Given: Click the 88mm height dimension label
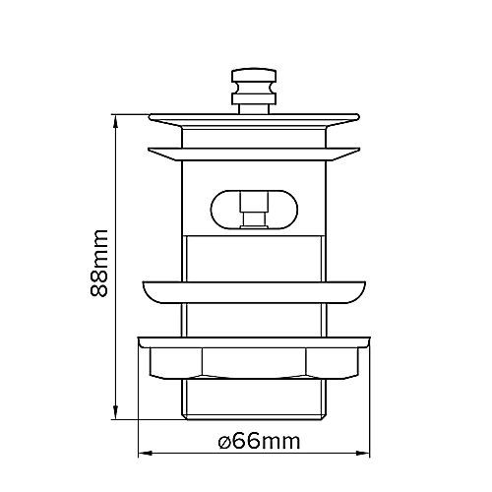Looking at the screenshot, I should pyautogui.click(x=97, y=266).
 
